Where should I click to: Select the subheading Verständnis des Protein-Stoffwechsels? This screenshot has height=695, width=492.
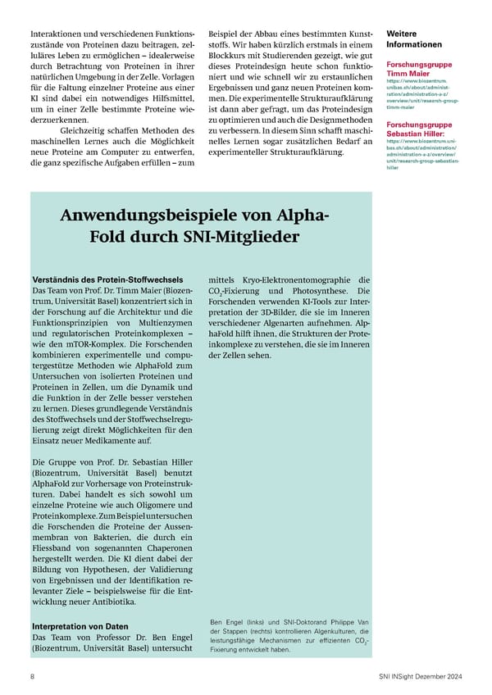click(107, 279)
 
